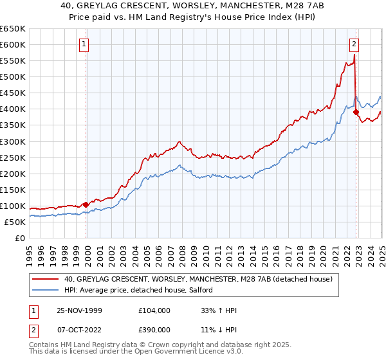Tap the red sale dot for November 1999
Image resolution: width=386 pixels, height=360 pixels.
(x=86, y=204)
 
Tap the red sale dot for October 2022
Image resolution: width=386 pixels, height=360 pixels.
(x=355, y=112)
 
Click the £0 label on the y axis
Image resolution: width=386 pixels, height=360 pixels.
(x=19, y=238)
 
